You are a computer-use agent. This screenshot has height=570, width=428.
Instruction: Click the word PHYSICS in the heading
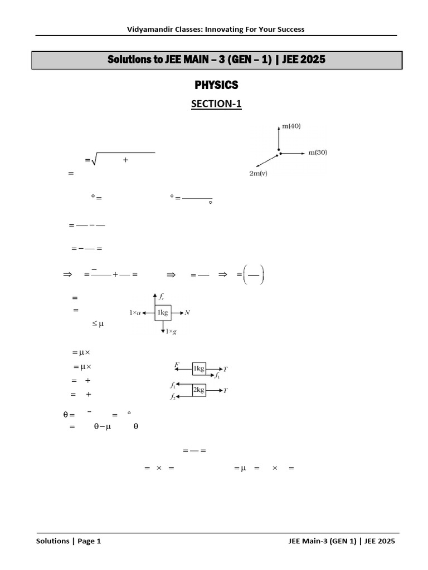coord(216,85)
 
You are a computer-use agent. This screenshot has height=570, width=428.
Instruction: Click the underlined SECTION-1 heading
coord(216,104)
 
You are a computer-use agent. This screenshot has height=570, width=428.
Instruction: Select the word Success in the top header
coord(290,29)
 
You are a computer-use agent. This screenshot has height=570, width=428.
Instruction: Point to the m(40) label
coord(291,126)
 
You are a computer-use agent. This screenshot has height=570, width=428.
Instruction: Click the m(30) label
coord(318,153)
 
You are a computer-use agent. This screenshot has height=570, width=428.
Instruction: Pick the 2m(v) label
coord(258,174)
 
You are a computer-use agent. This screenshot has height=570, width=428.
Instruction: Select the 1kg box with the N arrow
coord(163,313)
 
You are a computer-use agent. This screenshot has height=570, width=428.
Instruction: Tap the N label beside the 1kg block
coord(187,313)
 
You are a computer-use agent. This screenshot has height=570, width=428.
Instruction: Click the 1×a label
coord(135,313)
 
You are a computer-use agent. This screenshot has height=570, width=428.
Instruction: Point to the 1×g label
coord(171,332)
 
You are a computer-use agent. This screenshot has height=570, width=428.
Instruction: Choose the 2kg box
coord(199,390)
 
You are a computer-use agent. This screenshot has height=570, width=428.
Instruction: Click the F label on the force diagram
coord(177,364)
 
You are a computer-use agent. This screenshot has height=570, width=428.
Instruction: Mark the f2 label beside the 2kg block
coord(173,396)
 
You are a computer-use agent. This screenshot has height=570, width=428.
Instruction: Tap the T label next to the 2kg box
coord(225,390)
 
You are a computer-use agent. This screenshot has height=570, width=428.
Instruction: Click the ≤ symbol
coord(95,323)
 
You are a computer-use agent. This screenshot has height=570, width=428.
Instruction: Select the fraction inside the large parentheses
coord(254,275)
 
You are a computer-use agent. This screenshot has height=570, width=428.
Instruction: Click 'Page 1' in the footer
coord(89,541)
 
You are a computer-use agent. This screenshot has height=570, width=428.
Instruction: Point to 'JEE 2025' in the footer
coord(380,541)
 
